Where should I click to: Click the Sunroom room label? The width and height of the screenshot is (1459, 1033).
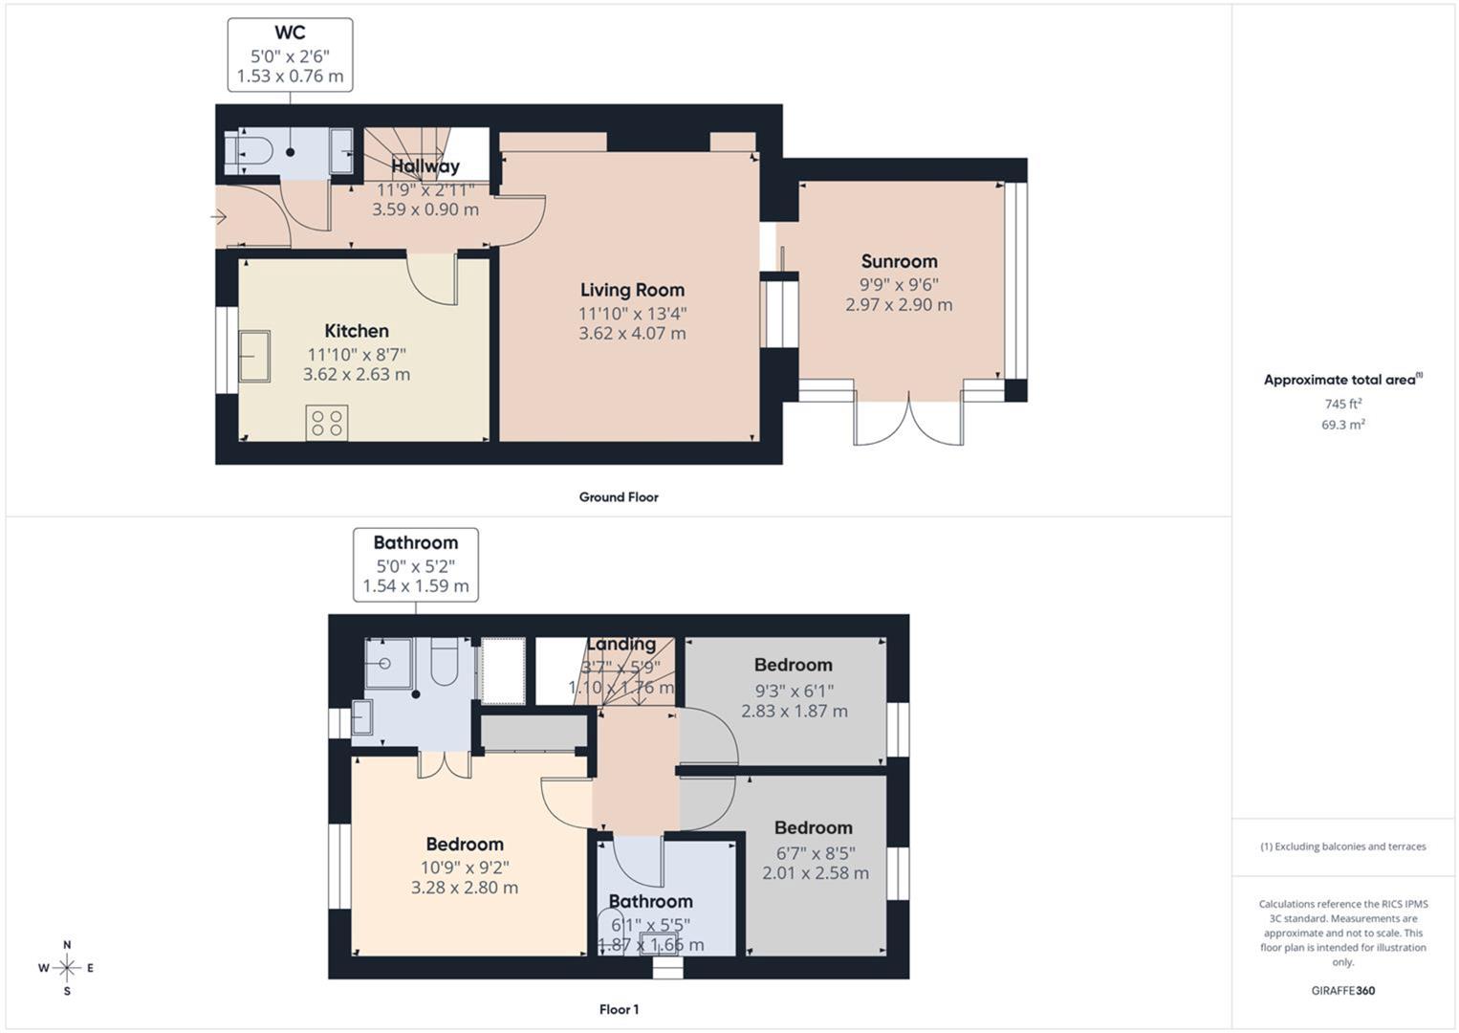(x=899, y=261)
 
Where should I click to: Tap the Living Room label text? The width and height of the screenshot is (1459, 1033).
(x=632, y=290)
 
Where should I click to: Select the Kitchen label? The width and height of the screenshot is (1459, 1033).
(x=357, y=331)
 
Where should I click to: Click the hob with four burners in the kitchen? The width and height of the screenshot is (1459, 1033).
(x=327, y=423)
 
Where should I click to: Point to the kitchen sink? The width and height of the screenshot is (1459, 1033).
(x=254, y=356)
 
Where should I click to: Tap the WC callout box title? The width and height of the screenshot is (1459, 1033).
(x=290, y=33)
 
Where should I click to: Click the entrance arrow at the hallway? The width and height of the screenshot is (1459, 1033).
(x=219, y=216)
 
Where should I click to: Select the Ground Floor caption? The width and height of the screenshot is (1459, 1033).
(x=619, y=497)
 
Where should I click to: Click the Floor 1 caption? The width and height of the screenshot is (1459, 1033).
(x=619, y=1009)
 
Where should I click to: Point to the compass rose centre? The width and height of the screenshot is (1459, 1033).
(x=67, y=968)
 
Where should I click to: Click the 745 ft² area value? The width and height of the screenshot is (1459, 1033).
(x=1343, y=404)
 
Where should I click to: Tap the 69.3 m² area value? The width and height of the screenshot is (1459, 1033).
(x=1343, y=425)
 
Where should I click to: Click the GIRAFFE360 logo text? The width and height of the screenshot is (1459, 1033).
(x=1343, y=991)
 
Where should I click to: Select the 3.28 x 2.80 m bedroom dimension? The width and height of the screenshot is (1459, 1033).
(x=465, y=888)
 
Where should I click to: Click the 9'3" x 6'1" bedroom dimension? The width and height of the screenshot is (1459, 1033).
(x=794, y=691)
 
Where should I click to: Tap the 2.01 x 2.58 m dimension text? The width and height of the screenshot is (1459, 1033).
(x=816, y=872)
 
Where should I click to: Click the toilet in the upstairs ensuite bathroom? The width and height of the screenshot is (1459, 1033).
(x=445, y=661)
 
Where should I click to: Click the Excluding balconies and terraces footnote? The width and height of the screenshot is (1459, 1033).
(x=1343, y=846)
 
